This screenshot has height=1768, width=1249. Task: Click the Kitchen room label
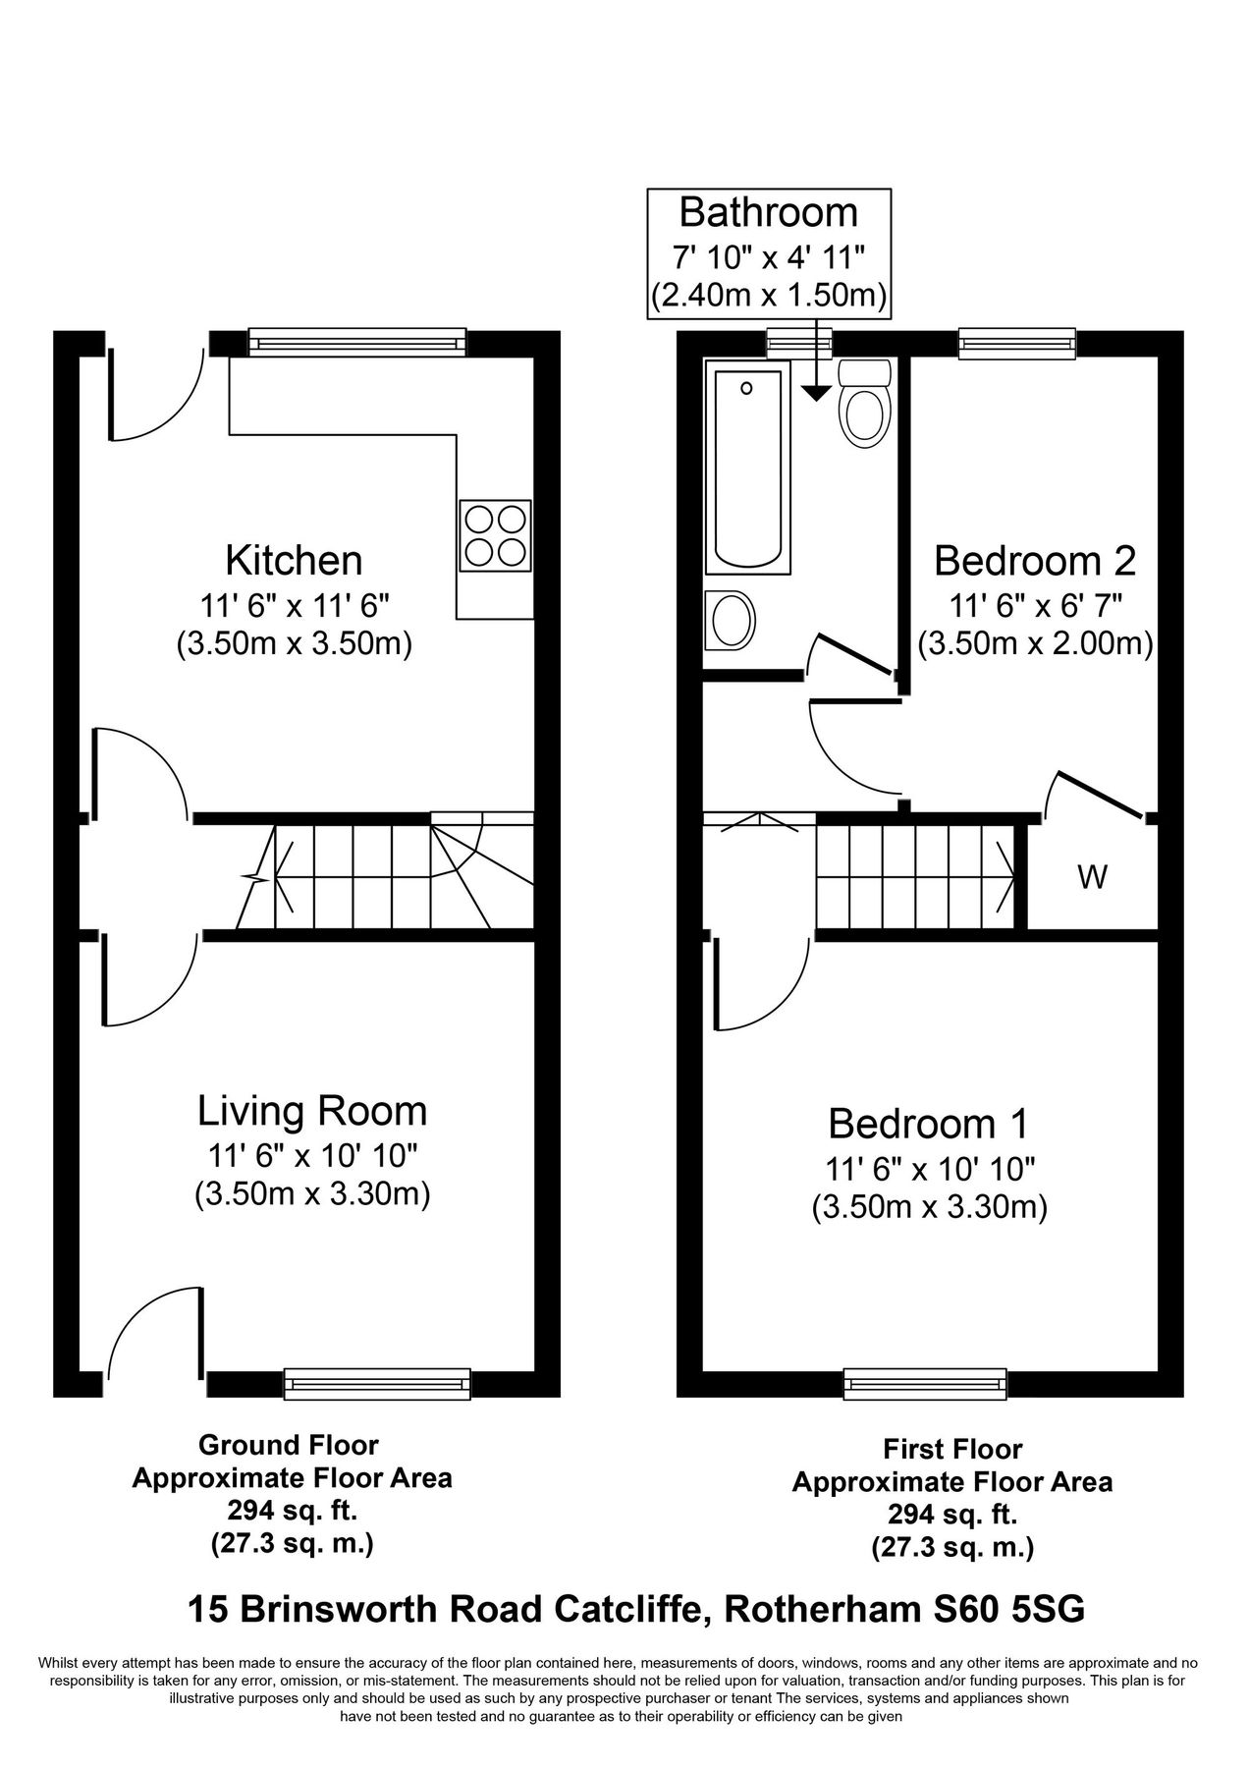tap(294, 561)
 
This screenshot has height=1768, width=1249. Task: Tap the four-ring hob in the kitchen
tap(496, 535)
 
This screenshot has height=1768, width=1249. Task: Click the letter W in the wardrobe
tap(1092, 877)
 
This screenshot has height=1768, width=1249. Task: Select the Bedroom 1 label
tap(928, 1123)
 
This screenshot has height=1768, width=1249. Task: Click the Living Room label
tap(312, 1111)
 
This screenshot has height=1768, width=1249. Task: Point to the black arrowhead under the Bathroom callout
tap(815, 393)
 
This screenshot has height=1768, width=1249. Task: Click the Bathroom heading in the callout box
tap(768, 212)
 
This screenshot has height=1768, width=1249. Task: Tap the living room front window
tap(377, 1383)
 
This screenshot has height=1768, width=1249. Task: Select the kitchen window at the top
tap(356, 342)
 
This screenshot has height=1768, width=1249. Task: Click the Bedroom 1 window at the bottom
tap(926, 1383)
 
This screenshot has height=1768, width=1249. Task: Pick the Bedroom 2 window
tap(1016, 342)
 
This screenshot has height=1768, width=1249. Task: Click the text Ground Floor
tap(288, 1445)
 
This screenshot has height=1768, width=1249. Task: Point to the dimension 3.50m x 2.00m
tap(1035, 644)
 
